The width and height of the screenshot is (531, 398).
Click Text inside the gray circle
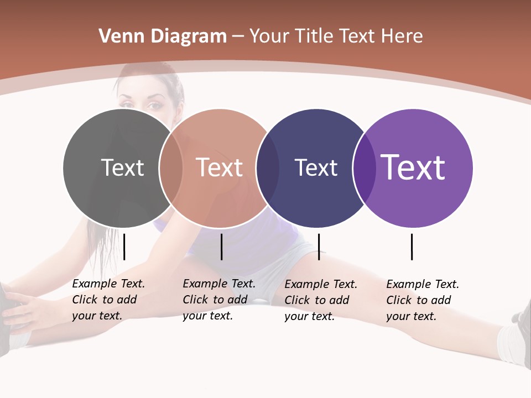click(x=122, y=167)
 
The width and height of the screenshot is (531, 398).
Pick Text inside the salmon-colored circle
click(x=220, y=167)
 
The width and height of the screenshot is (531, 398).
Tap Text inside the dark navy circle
click(x=316, y=167)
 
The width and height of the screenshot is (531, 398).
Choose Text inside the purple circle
click(x=413, y=167)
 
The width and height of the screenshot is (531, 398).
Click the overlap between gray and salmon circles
click(x=171, y=168)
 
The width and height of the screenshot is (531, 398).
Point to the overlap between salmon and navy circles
click(x=268, y=168)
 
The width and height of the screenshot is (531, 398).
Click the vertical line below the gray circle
click(x=124, y=247)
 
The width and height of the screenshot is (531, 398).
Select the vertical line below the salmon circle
click(x=221, y=247)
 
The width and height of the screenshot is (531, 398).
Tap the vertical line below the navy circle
click(x=319, y=247)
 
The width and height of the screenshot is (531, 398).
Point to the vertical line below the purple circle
click(x=412, y=247)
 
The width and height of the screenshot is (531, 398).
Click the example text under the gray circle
click(x=108, y=300)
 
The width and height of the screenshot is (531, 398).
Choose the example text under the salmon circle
click(x=219, y=300)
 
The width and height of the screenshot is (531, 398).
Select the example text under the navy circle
click(x=321, y=300)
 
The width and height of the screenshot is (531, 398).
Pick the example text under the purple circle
click(x=423, y=300)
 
